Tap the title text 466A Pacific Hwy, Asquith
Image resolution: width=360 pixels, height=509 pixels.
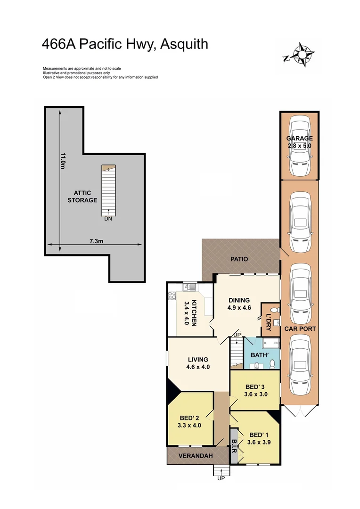coord(125,44)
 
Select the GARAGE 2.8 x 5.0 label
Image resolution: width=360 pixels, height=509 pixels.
coord(299,142)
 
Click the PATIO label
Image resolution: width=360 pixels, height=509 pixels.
coord(239,259)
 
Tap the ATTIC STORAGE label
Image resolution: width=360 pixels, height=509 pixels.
coord(85,197)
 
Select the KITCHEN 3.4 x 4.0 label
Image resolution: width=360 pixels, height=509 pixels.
coord(190,311)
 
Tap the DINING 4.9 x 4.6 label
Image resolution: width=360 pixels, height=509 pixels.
coord(239,304)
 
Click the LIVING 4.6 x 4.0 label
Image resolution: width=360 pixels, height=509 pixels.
coord(192,363)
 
